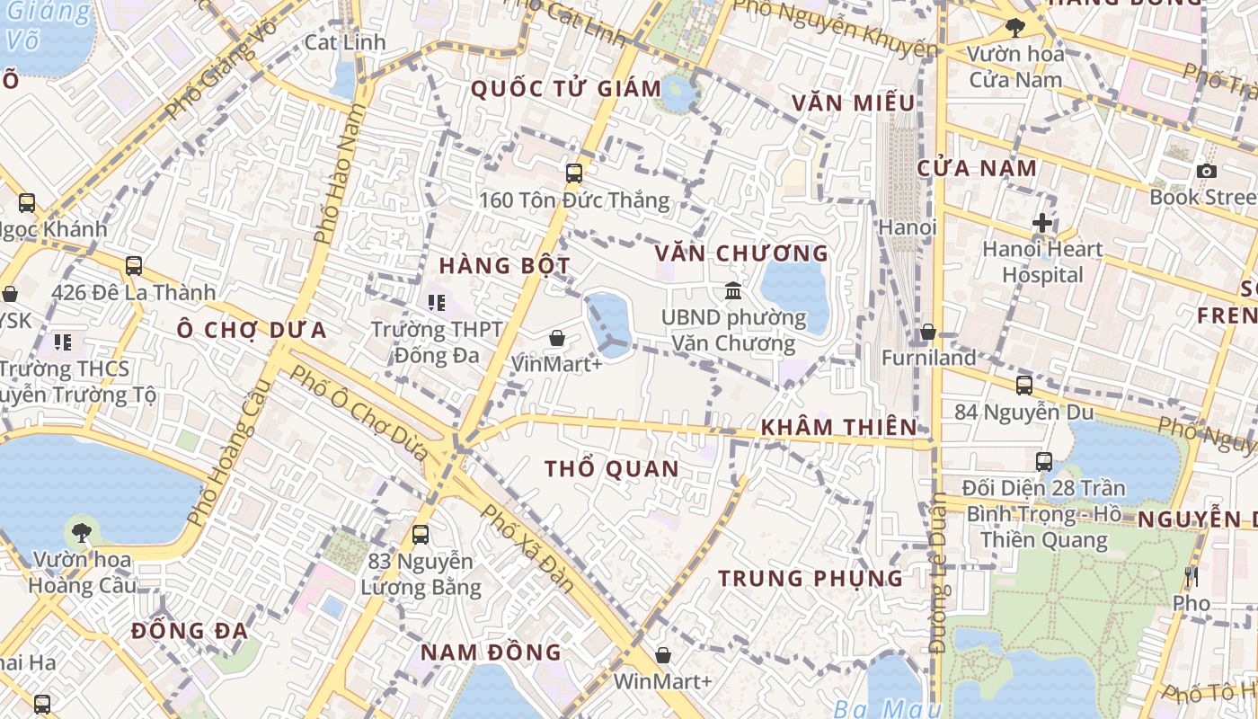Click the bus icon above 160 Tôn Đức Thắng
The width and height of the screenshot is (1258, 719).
574,173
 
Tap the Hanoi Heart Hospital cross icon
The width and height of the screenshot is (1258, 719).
1042,222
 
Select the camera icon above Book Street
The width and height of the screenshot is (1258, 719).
1207,171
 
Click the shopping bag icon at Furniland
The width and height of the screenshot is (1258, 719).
928,333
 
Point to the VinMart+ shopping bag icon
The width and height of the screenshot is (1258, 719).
557,339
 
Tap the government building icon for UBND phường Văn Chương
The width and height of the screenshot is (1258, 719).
733,291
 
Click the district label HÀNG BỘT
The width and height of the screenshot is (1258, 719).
504,266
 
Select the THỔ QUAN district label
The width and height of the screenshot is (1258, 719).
612,469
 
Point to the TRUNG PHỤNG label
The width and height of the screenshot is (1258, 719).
811,578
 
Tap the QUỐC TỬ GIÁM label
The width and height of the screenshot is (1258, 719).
566,89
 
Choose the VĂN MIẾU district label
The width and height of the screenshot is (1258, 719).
854,103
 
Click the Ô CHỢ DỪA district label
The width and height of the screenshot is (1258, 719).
252,330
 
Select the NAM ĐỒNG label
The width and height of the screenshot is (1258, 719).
491,652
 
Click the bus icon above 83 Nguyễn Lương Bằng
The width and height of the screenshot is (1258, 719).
420,535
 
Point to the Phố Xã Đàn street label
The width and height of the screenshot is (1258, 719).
528,547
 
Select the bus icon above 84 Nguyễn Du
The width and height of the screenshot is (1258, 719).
1023,386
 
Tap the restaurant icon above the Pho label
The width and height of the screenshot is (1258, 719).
1192,576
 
